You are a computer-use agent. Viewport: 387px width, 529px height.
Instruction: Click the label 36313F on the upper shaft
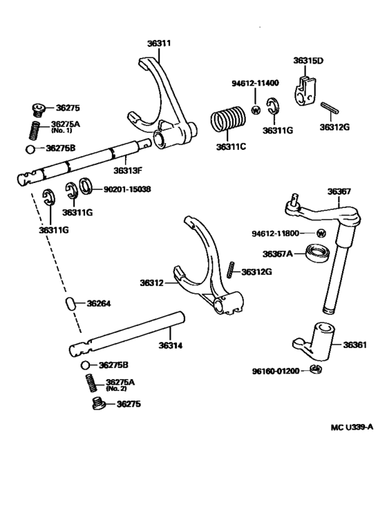point(129,169)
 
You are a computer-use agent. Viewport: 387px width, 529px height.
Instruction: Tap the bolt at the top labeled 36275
point(39,108)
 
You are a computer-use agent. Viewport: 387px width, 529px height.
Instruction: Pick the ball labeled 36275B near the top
point(30,148)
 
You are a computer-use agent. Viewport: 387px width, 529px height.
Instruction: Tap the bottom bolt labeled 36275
point(99,404)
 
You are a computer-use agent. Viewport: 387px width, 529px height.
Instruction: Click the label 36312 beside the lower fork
point(151,282)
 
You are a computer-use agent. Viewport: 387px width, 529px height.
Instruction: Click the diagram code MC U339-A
point(352,427)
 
